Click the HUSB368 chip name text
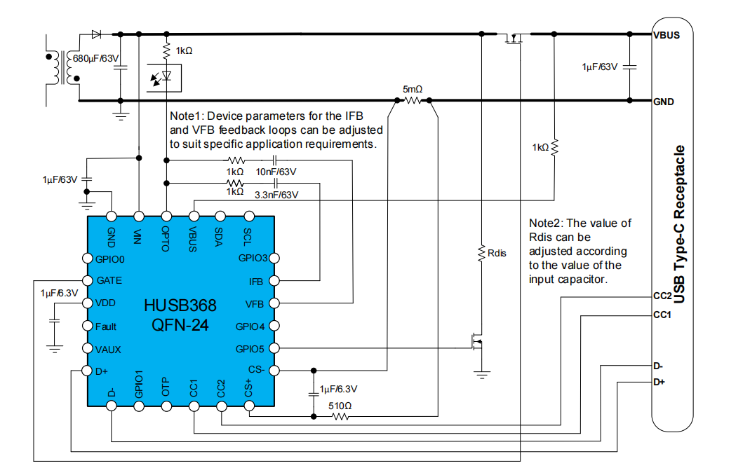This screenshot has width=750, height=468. (180, 306)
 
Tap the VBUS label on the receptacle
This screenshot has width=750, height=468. (667, 35)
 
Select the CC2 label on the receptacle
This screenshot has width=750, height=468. (663, 297)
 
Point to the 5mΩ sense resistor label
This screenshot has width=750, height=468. (413, 89)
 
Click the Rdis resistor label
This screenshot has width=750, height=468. (497, 252)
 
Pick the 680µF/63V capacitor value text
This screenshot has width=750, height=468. (97, 59)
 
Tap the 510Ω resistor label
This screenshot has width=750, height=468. (340, 405)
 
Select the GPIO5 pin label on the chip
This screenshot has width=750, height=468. (250, 348)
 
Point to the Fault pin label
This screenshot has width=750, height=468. (106, 326)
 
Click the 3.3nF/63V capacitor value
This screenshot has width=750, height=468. (277, 195)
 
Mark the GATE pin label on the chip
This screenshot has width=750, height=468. (109, 280)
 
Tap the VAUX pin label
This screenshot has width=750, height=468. (108, 349)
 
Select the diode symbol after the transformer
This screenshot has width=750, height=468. (96, 34)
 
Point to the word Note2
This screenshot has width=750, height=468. (544, 223)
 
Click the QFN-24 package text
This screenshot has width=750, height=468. (180, 325)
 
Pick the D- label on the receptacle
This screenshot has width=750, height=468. (658, 366)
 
